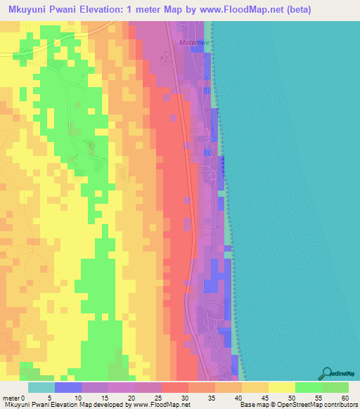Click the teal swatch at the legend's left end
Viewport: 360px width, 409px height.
(41, 387)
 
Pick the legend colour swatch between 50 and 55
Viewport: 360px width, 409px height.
(308, 387)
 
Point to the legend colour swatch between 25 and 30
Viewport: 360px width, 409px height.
(175, 387)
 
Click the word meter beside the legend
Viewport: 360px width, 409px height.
(11, 398)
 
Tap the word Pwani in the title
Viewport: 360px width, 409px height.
(66, 10)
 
